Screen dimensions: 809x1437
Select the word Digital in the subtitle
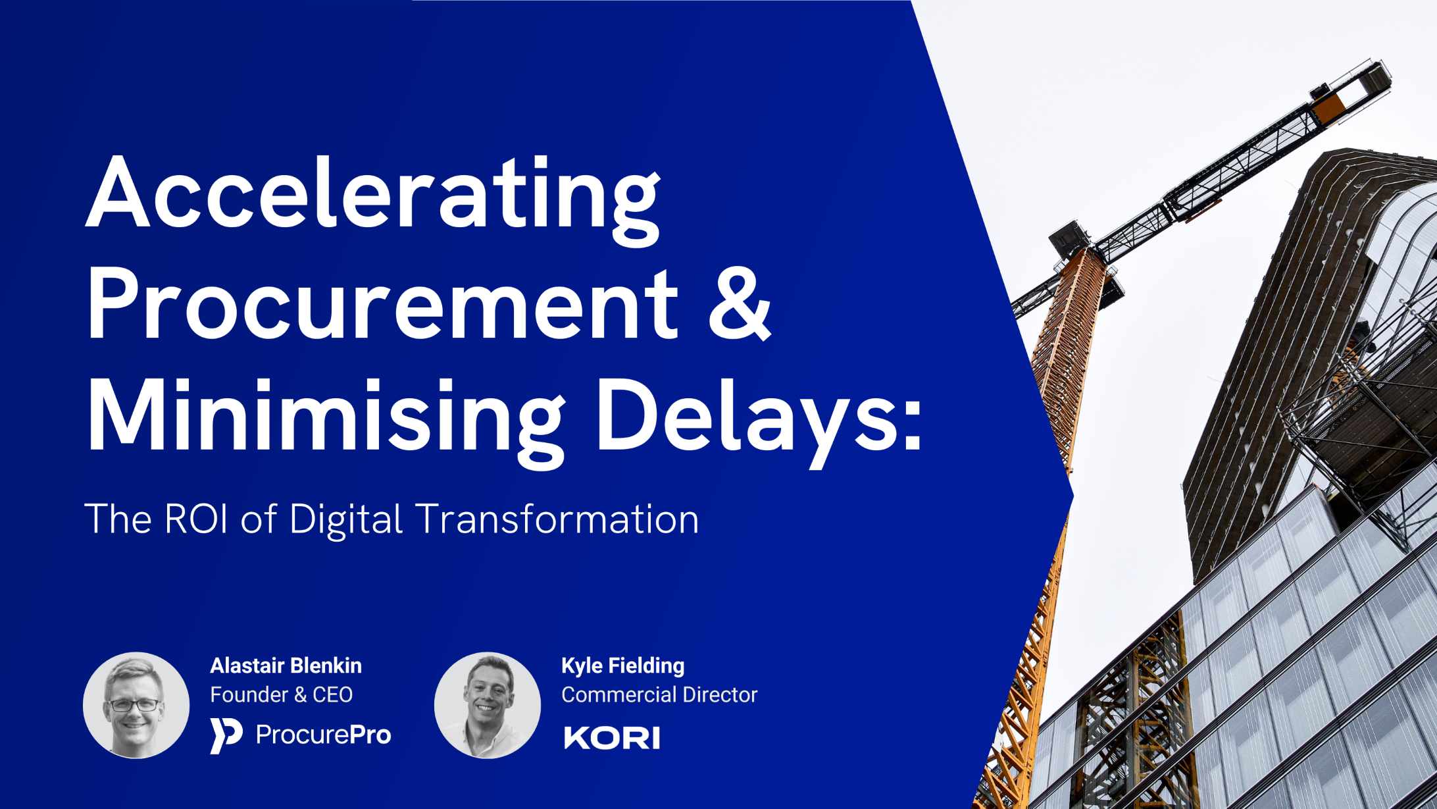click(x=345, y=519)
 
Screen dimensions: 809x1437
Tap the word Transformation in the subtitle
click(x=558, y=519)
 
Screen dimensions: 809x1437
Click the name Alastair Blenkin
click(x=286, y=665)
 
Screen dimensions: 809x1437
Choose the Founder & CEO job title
click(x=281, y=694)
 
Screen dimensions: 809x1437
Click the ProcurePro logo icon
click(x=226, y=735)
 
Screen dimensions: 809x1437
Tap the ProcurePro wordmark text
click(x=323, y=735)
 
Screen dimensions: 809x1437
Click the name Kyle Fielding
click(x=622, y=665)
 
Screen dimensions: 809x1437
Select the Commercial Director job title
click(x=659, y=694)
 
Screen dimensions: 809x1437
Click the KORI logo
click(x=612, y=737)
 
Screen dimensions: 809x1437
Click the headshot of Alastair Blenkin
click(x=136, y=705)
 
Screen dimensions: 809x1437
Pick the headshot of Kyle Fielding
click(x=488, y=705)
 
